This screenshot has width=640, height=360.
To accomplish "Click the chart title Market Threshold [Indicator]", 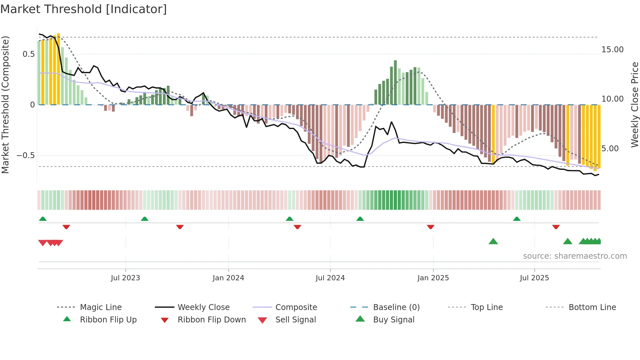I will click(84, 9).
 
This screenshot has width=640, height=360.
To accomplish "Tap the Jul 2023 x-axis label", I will click(125, 278).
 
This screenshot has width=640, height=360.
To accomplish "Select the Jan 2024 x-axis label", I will click(228, 278).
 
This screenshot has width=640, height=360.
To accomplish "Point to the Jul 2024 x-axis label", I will click(330, 278).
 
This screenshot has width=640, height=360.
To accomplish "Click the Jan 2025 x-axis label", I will click(433, 278).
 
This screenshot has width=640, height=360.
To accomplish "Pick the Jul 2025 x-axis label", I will click(535, 278).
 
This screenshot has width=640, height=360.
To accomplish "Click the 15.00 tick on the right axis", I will click(612, 50).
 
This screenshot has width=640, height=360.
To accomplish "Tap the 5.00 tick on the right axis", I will click(610, 149).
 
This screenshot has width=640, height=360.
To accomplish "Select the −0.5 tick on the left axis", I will click(26, 155).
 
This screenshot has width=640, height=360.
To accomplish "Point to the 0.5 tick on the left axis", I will click(29, 54).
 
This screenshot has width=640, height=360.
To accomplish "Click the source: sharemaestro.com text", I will click(575, 256).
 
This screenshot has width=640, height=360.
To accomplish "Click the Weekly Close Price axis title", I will click(634, 105).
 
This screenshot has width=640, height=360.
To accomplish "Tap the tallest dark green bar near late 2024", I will click(395, 82).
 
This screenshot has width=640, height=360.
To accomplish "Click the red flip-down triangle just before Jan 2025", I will click(430, 227).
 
